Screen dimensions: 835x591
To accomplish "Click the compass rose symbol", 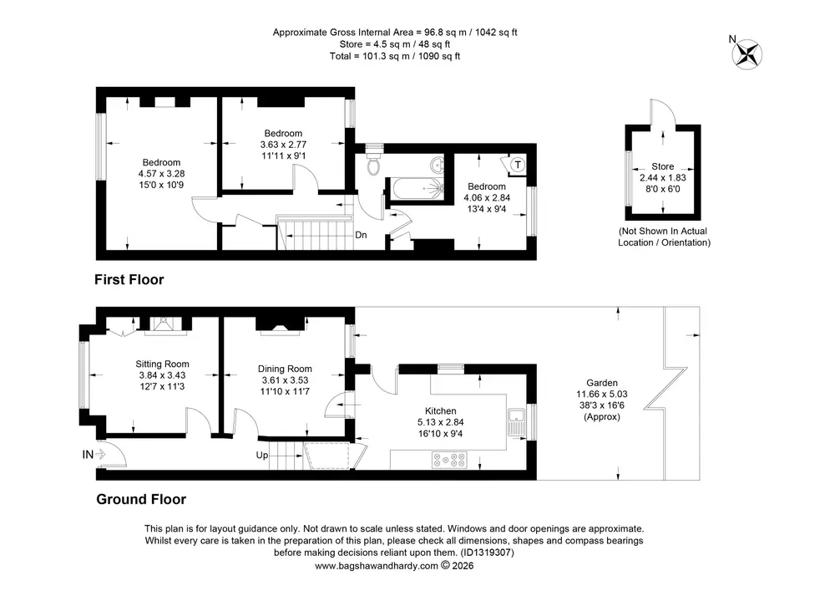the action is (746, 54).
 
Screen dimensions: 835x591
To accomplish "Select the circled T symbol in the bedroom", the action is (518, 165).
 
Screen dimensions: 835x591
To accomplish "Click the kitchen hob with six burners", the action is (449, 460).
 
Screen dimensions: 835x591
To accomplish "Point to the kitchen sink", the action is (516, 422).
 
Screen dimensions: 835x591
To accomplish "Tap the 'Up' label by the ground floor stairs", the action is (262, 455).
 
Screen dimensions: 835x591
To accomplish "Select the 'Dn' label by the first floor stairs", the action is (361, 235).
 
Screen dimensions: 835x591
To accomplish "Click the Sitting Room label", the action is (162, 364).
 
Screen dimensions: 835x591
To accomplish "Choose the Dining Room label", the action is (285, 369).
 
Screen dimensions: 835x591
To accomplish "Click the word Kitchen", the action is (440, 411).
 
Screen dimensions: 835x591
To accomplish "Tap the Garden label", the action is (602, 383).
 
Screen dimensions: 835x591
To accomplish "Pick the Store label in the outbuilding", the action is (662, 166).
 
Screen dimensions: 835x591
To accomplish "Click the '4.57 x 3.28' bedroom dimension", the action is (161, 174).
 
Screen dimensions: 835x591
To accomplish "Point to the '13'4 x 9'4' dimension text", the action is (487, 209).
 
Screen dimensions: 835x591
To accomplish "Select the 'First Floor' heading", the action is (129, 280).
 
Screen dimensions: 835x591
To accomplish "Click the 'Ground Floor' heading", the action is (141, 499).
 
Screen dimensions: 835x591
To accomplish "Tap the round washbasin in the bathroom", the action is (438, 165).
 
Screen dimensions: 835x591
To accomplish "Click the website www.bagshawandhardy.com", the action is (377, 565).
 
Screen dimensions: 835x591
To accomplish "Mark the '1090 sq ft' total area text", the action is (439, 56).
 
